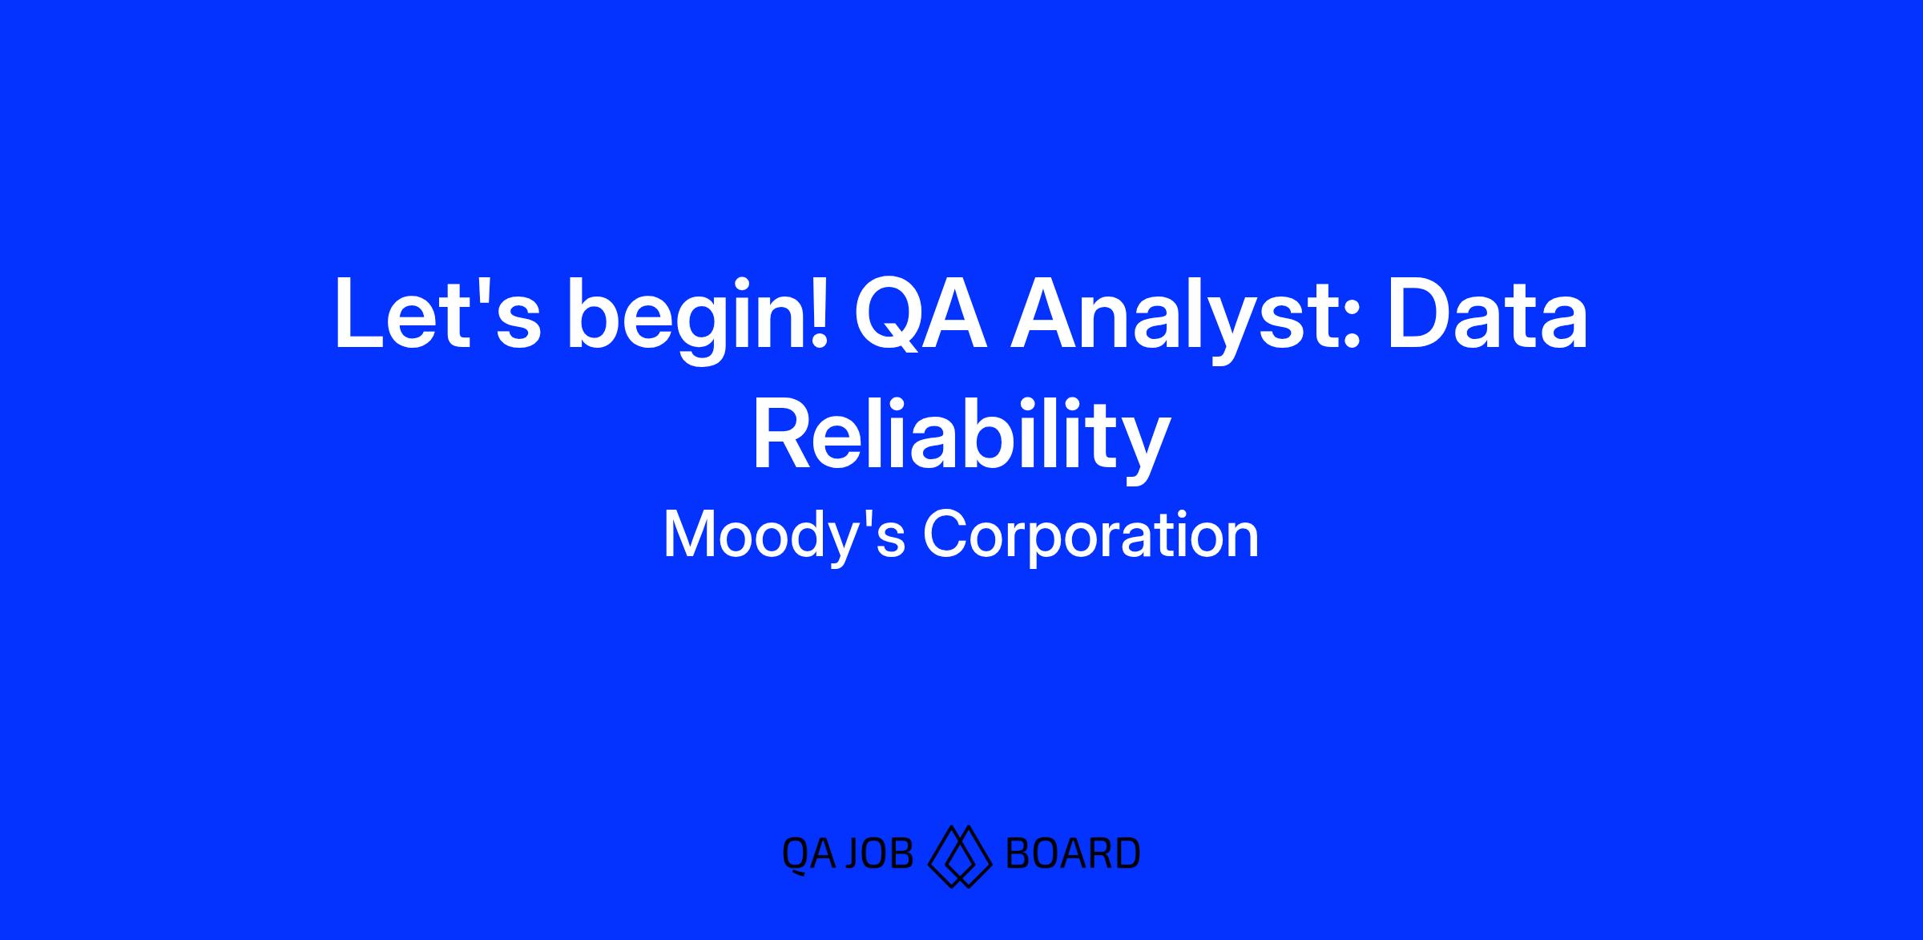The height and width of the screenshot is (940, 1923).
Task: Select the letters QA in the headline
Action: [x=921, y=313]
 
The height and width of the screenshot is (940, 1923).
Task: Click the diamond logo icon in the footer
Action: [x=959, y=855]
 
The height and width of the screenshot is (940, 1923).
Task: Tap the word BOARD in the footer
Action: [x=1072, y=854]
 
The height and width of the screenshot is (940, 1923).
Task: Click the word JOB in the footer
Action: [x=879, y=854]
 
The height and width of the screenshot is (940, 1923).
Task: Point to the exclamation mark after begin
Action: [x=818, y=313]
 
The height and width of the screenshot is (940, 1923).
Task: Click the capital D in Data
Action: [x=1423, y=313]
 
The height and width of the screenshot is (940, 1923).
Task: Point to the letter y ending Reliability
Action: [x=1141, y=450]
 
